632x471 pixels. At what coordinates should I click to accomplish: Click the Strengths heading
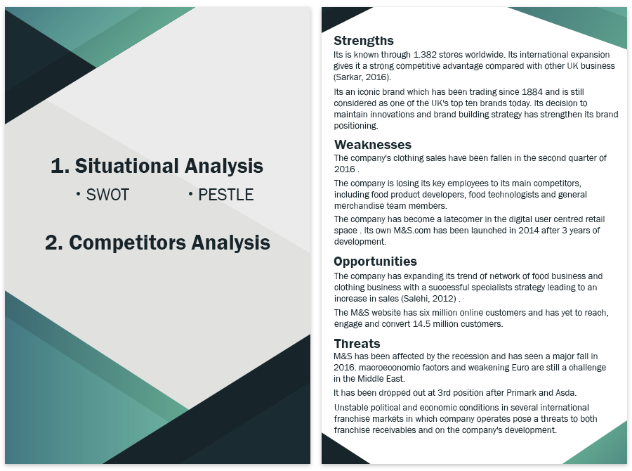364,41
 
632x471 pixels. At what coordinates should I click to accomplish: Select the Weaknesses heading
373,145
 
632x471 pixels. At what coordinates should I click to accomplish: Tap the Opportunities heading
375,262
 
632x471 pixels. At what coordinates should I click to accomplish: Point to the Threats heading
357,344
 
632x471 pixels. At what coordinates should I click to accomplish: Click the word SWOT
107,195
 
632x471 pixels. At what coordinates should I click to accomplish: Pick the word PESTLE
226,195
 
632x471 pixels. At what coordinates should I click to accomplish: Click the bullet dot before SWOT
78,195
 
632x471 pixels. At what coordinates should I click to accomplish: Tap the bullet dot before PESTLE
190,195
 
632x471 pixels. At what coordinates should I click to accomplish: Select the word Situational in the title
127,166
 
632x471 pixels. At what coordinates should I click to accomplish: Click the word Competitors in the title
127,243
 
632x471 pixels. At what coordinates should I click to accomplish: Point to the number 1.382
425,55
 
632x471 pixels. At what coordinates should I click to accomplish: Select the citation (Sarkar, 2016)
362,77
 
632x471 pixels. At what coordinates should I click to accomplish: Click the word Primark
521,393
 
